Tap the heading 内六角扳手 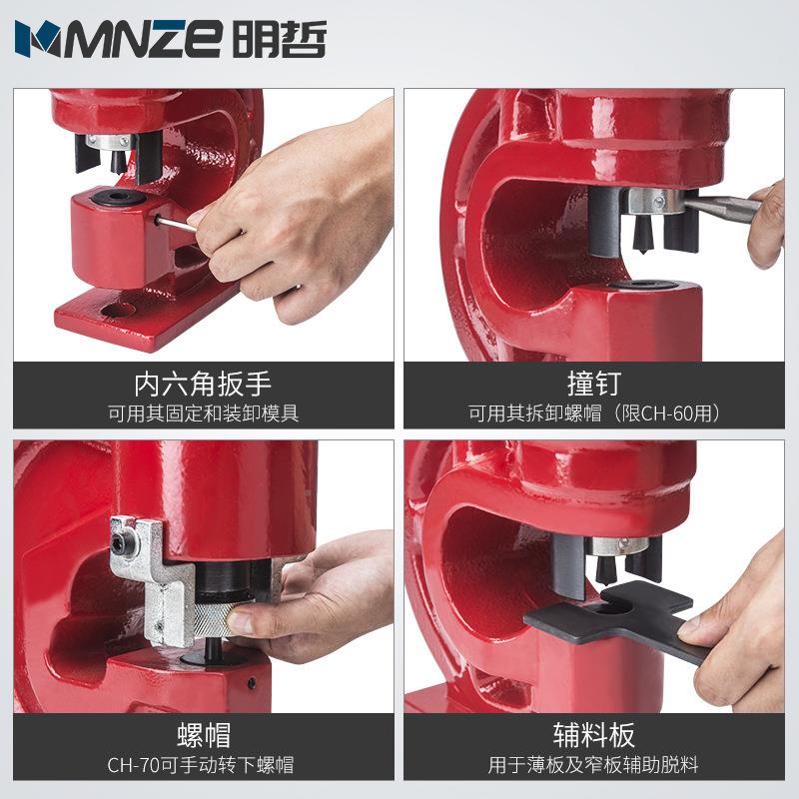pyautogui.click(x=203, y=383)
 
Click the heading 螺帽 pyautogui.click(x=203, y=736)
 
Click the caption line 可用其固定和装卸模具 pyautogui.click(x=203, y=412)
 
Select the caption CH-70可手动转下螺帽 pyautogui.click(x=203, y=767)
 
